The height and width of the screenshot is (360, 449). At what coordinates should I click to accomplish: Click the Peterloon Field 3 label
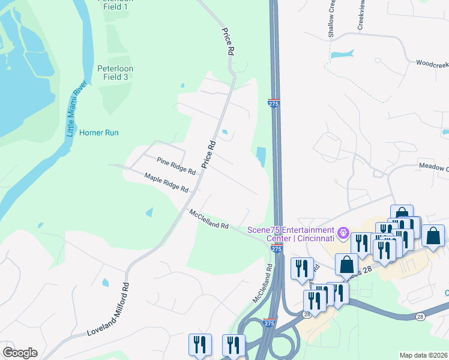click(115, 73)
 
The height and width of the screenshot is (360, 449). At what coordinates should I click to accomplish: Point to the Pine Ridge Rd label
click(176, 166)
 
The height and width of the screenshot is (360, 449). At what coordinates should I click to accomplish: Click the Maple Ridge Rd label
click(166, 182)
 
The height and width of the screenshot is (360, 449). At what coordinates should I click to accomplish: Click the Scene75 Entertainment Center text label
click(291, 235)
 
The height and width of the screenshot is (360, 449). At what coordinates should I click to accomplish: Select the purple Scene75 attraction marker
click(343, 232)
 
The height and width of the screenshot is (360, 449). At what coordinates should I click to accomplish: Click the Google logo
click(20, 353)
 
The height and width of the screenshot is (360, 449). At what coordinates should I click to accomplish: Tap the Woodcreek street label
click(432, 62)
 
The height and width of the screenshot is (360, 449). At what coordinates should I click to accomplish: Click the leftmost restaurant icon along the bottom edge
click(199, 344)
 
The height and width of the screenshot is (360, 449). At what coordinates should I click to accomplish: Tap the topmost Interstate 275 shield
click(274, 103)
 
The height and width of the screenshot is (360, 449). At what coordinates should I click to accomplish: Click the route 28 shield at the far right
click(419, 317)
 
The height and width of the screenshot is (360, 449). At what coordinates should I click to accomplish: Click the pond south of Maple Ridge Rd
click(149, 212)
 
